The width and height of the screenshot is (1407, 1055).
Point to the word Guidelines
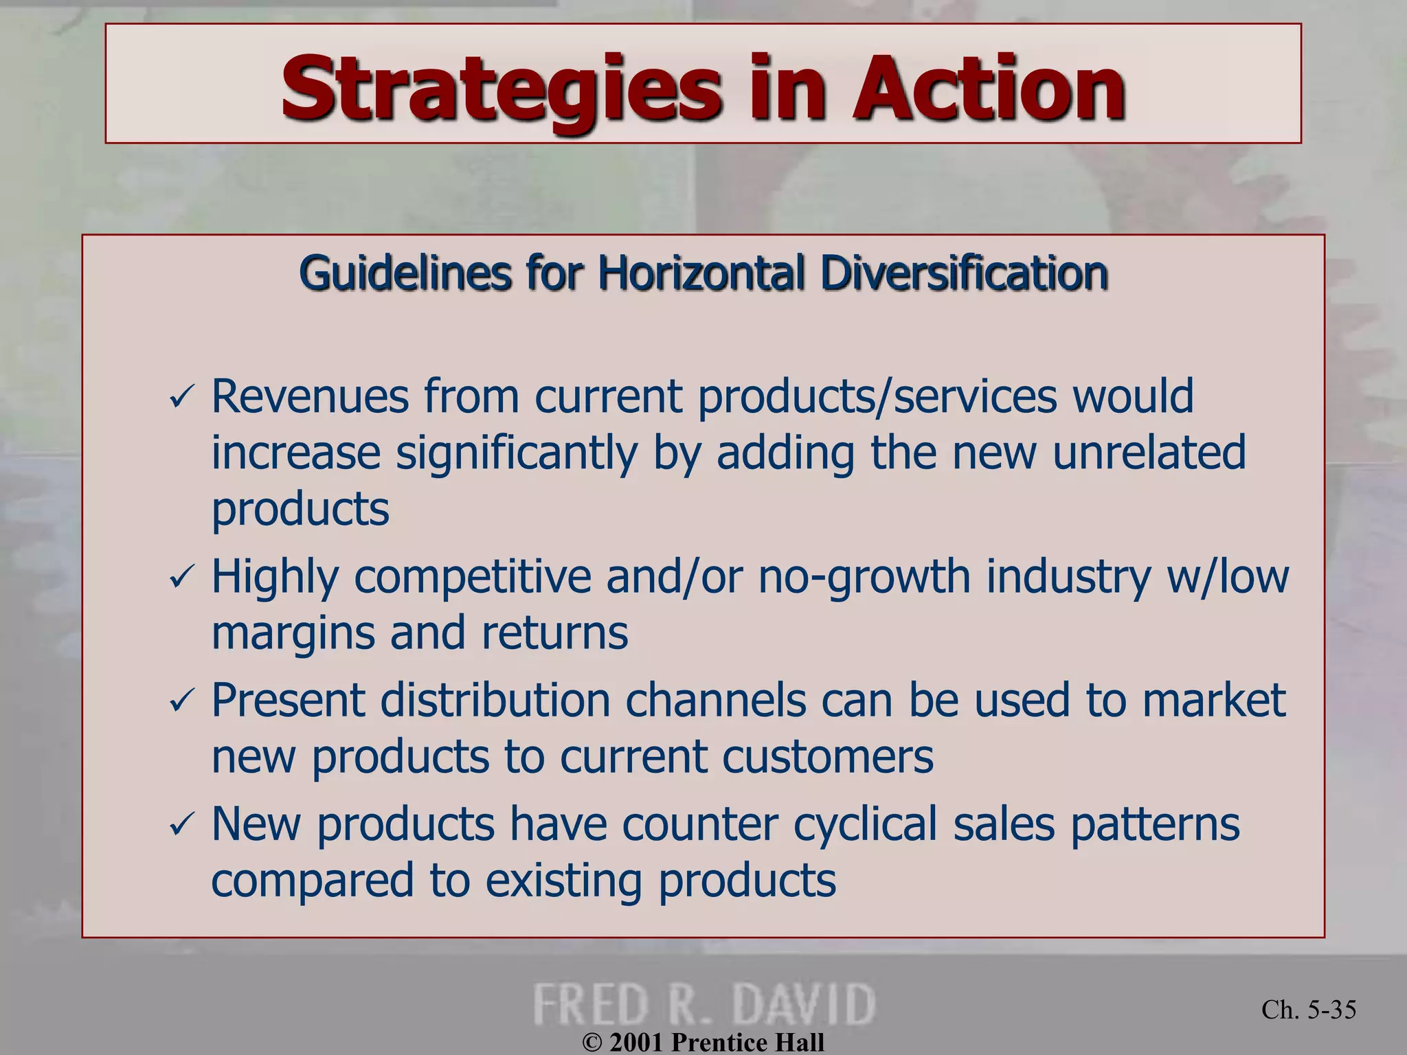(405, 273)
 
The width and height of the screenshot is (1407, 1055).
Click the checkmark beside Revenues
(182, 398)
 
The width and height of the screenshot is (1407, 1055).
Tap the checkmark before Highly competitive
(182, 578)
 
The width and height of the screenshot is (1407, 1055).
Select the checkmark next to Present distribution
(182, 702)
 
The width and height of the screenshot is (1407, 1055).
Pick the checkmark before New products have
(182, 826)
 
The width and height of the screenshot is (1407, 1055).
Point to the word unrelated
(1149, 453)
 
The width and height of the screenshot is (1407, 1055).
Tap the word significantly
(517, 454)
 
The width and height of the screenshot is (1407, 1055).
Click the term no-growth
(864, 578)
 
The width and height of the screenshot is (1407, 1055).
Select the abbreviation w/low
(1228, 576)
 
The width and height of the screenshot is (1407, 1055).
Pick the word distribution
(495, 701)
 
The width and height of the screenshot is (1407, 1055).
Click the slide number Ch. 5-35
(1309, 1010)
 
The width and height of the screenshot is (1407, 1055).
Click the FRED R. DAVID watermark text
(703, 1004)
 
